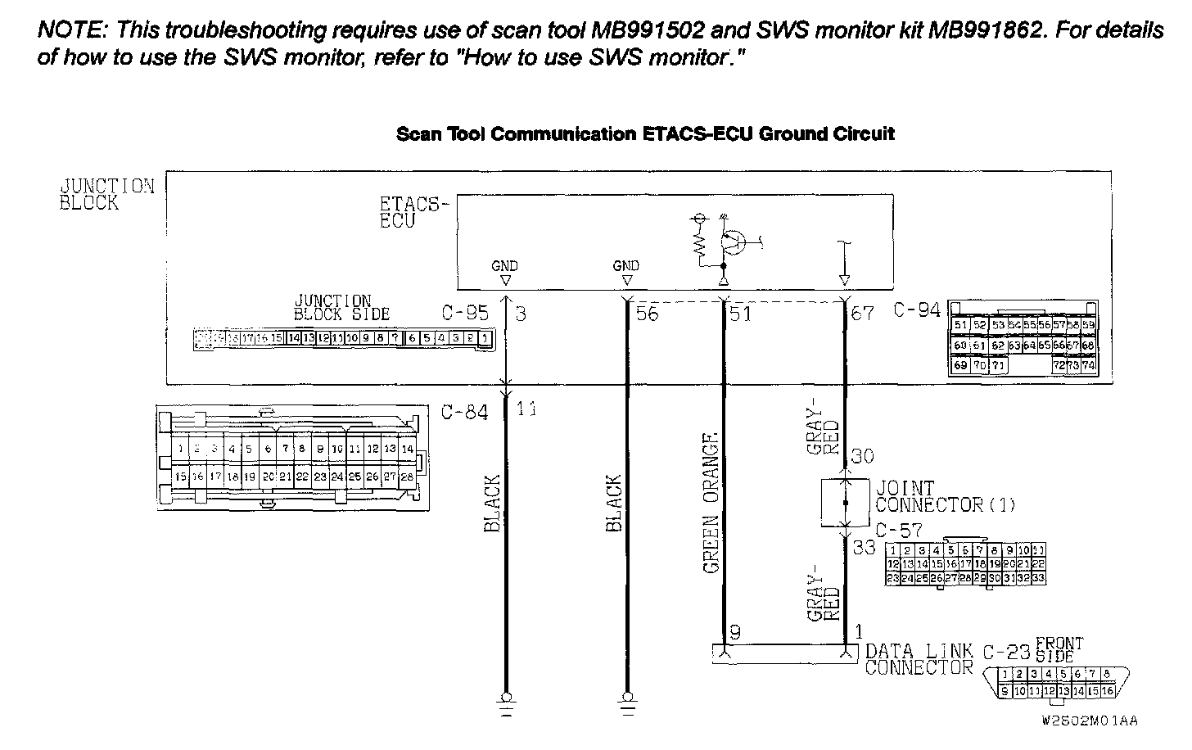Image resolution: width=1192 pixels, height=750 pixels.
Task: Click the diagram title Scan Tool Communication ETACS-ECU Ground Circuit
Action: tap(644, 133)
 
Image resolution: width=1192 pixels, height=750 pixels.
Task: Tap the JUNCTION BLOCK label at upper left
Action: tap(106, 194)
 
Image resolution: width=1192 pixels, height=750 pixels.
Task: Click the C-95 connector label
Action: tap(465, 313)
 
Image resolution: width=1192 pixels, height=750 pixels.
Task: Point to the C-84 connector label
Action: tap(464, 412)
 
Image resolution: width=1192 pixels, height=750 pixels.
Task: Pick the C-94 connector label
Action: tap(916, 310)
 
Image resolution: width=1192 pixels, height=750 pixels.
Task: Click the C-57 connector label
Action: tap(899, 530)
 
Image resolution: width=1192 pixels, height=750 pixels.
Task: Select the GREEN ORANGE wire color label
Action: tap(711, 503)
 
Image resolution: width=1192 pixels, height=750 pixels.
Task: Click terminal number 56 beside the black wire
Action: tap(647, 313)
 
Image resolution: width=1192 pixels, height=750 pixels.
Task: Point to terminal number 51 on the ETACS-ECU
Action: tap(739, 313)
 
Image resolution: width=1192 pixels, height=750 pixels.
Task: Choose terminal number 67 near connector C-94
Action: tap(862, 313)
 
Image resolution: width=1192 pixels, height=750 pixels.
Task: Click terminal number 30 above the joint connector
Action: tap(862, 456)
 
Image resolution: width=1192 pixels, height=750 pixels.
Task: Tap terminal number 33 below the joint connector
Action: tap(864, 547)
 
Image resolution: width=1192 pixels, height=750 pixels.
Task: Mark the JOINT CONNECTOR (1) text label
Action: tap(945, 497)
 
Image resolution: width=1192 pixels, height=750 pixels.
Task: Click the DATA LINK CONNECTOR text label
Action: tap(919, 659)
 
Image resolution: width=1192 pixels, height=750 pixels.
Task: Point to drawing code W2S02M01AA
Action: tap(1089, 721)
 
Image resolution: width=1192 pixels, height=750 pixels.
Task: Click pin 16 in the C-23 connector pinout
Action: tap(1108, 691)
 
